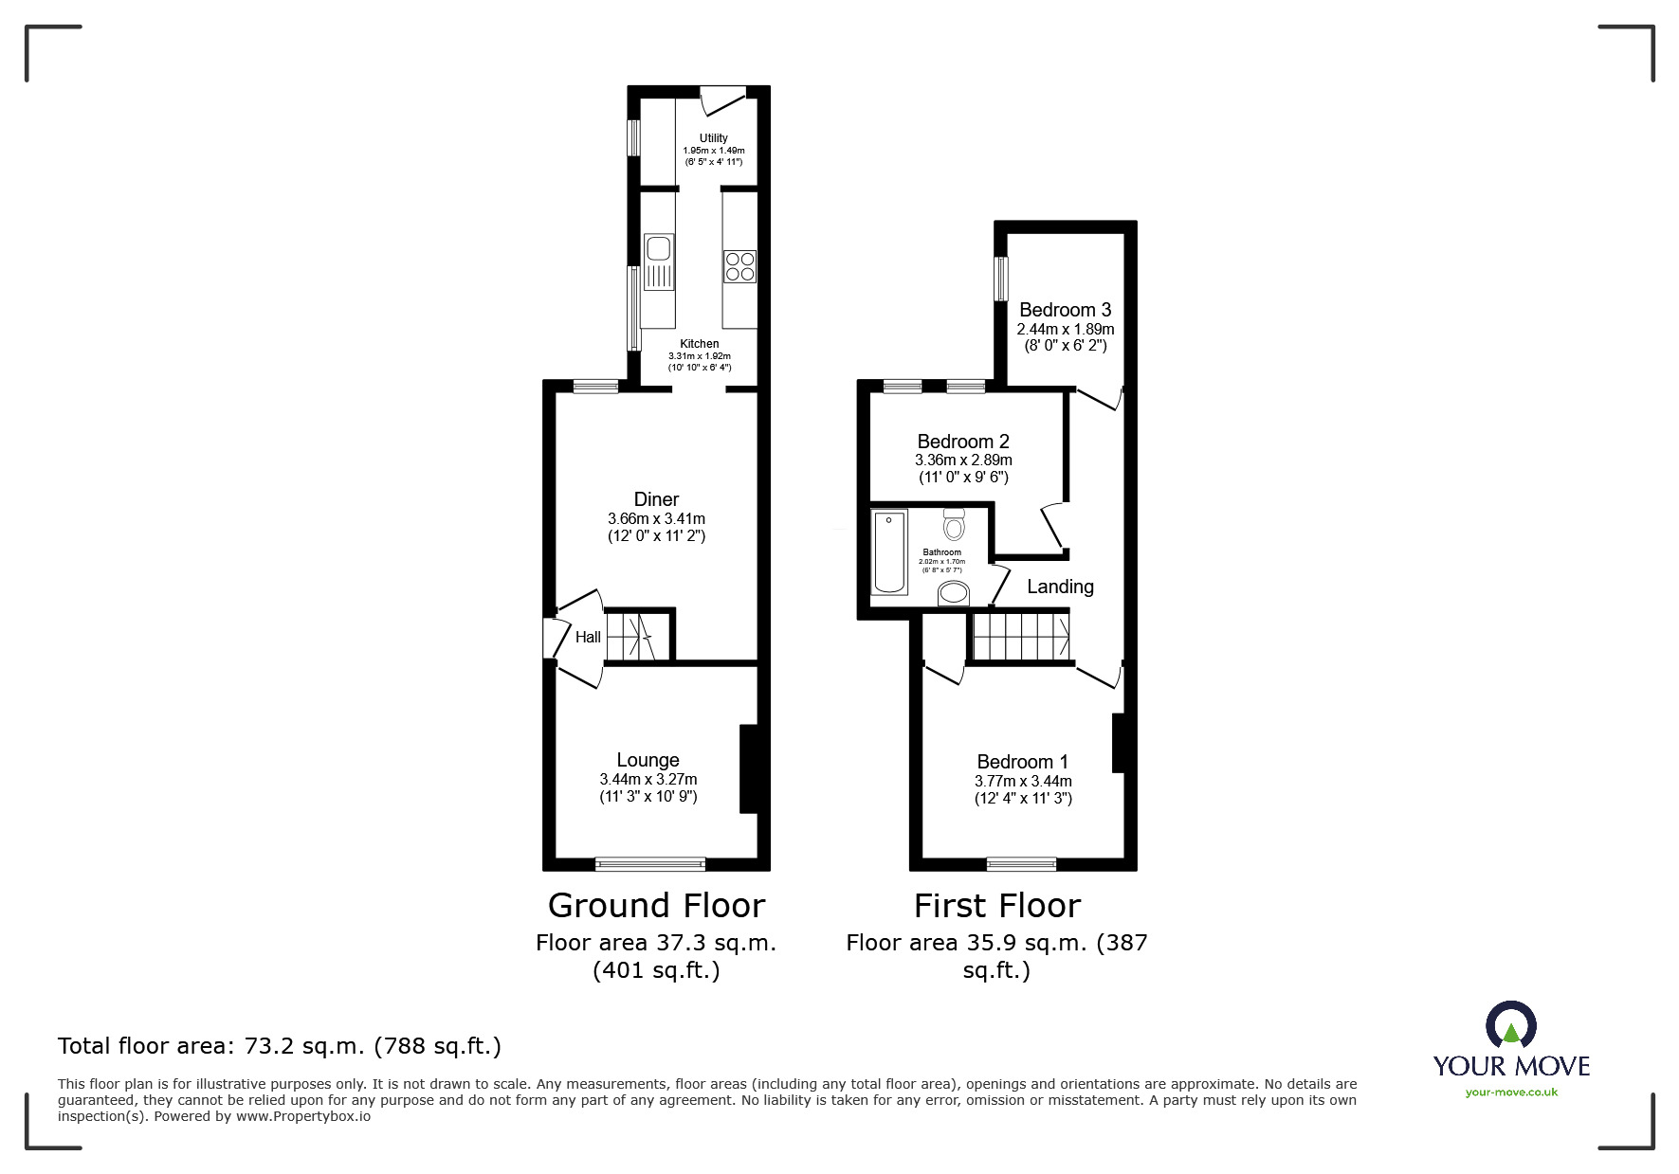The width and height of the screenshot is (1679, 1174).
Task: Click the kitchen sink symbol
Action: coord(658,262)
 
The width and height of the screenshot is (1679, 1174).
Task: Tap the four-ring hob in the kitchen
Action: coord(739,266)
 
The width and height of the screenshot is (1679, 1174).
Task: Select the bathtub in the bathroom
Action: coord(889,551)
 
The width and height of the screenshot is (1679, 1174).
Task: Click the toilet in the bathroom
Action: coord(954,524)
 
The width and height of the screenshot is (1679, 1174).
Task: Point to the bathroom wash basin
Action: coord(954,594)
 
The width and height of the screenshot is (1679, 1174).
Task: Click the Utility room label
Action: coord(713,138)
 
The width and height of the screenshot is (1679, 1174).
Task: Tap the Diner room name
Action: coord(656,499)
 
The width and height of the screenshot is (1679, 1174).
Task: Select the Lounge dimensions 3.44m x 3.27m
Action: coord(648,779)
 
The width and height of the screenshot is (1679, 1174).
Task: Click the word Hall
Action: coord(588,638)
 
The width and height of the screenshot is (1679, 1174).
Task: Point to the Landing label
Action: coord(1060,587)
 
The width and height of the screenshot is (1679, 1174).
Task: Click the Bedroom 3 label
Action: coord(1065,310)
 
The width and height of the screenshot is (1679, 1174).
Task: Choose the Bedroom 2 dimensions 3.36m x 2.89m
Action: coord(963,461)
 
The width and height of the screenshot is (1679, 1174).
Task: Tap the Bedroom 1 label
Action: coord(1022,762)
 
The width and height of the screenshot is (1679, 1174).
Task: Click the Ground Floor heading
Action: coord(656,906)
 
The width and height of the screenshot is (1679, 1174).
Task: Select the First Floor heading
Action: coord(996,906)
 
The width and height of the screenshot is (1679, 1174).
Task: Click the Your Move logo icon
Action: coord(1510,1025)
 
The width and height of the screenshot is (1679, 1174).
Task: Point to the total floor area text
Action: coord(280,1046)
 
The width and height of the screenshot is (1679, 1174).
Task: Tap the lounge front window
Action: coord(650,863)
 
